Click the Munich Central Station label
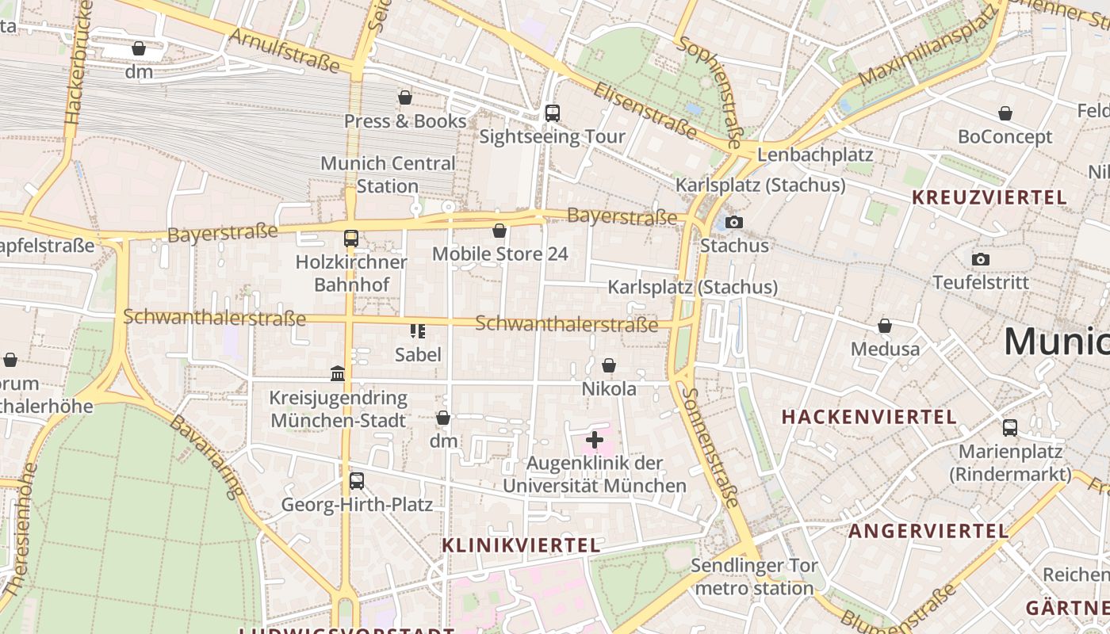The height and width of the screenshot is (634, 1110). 388,174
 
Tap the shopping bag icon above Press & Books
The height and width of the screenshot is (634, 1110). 405,97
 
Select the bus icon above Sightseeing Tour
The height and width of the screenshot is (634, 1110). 553,113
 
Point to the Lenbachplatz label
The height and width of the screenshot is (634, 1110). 815,155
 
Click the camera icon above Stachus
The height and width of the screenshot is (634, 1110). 734,222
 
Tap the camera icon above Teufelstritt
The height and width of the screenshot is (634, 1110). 981,259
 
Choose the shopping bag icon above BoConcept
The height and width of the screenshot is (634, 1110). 1005,113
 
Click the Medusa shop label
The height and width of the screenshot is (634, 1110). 885,349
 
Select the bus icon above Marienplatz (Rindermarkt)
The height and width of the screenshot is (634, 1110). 1010,428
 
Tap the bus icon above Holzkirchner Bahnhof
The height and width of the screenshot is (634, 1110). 350,238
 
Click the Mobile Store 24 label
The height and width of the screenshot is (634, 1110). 499,254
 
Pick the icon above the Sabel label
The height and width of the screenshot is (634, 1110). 418,330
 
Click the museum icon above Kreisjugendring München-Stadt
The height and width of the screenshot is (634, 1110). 338,373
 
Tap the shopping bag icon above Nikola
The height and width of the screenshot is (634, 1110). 609,365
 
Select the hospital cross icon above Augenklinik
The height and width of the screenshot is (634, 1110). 595,439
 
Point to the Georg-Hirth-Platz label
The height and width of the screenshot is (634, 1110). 357,505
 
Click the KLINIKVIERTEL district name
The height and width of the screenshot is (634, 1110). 521,545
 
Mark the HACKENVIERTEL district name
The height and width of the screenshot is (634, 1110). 869,417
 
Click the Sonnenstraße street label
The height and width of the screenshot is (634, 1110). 711,448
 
